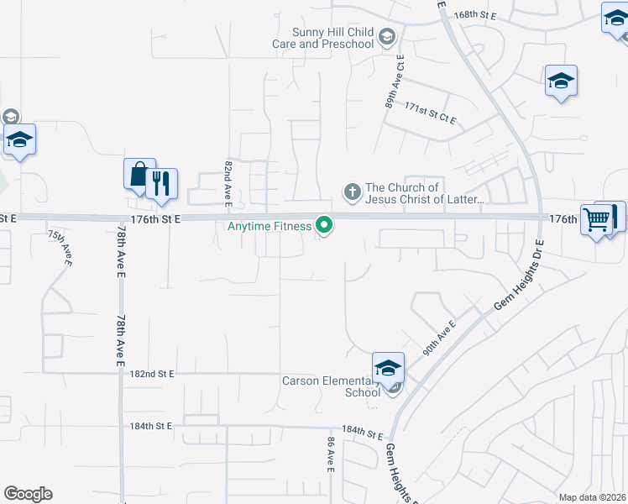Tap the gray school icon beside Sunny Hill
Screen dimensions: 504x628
click(x=386, y=35)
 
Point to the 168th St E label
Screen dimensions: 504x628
click(x=476, y=15)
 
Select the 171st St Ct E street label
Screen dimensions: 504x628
click(x=430, y=114)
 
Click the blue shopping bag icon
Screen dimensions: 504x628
click(x=139, y=173)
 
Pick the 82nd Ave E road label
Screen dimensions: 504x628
click(x=228, y=182)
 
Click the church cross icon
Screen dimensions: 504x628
click(x=353, y=193)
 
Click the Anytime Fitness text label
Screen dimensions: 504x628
click(x=270, y=226)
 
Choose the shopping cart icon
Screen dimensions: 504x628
click(x=596, y=220)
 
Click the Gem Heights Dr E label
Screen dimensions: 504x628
click(x=517, y=286)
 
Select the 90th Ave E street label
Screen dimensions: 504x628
click(x=439, y=339)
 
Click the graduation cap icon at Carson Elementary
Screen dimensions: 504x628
click(x=388, y=367)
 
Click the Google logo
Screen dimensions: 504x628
click(x=28, y=494)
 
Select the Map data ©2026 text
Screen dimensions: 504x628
click(x=592, y=497)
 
